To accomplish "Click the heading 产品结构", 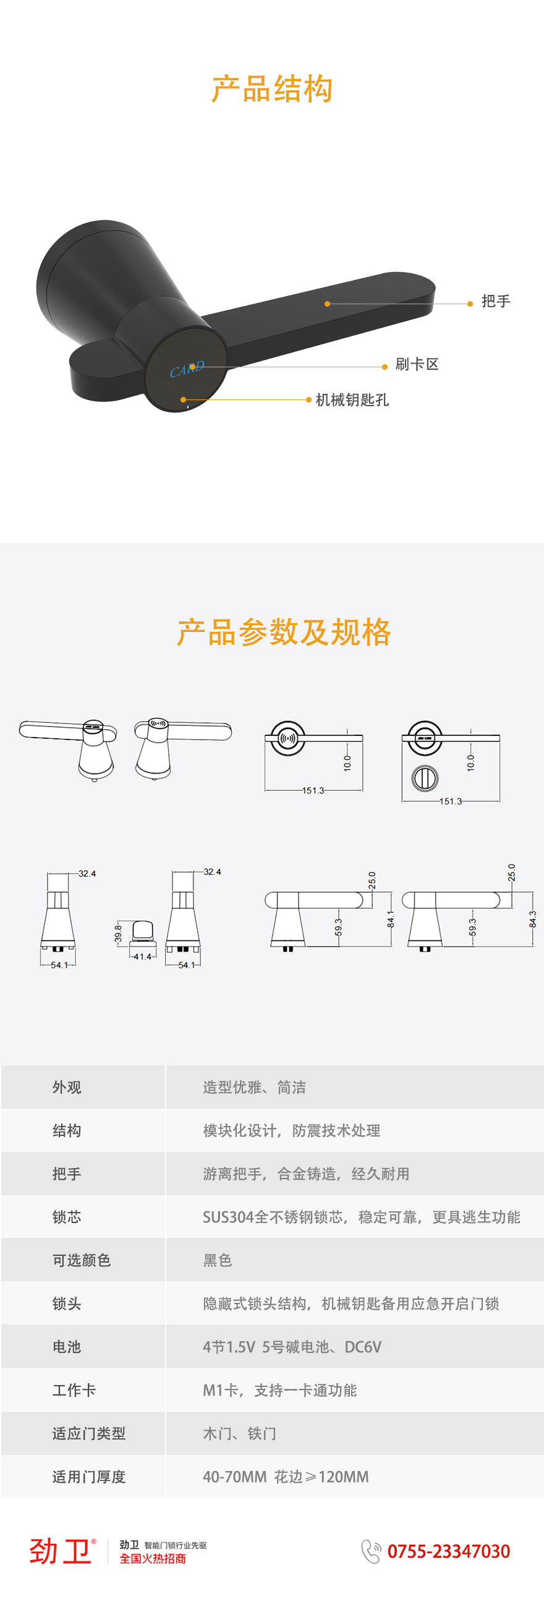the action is tap(272, 88).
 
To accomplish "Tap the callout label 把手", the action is tap(496, 301).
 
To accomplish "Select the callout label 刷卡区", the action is tap(417, 364).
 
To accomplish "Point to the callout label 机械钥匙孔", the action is tap(352, 399).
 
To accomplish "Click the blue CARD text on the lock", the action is tap(187, 369).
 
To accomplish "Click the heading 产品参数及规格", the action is tap(284, 632).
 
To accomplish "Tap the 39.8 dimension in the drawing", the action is tap(118, 934).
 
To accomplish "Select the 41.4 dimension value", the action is tap(143, 957).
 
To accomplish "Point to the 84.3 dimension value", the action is tap(533, 919).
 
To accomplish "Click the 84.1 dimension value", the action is tap(391, 919).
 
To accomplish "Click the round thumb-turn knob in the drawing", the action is tap(425, 778).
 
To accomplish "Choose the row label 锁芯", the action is tap(67, 1218).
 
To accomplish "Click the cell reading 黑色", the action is tap(217, 1260).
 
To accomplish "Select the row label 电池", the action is tap(67, 1347).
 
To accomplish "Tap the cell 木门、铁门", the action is tap(240, 1433).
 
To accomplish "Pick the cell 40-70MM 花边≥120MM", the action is tap(286, 1477).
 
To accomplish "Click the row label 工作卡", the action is tap(74, 1391).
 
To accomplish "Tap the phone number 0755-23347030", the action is tap(449, 1551).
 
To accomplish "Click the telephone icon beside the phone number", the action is tap(371, 1551).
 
